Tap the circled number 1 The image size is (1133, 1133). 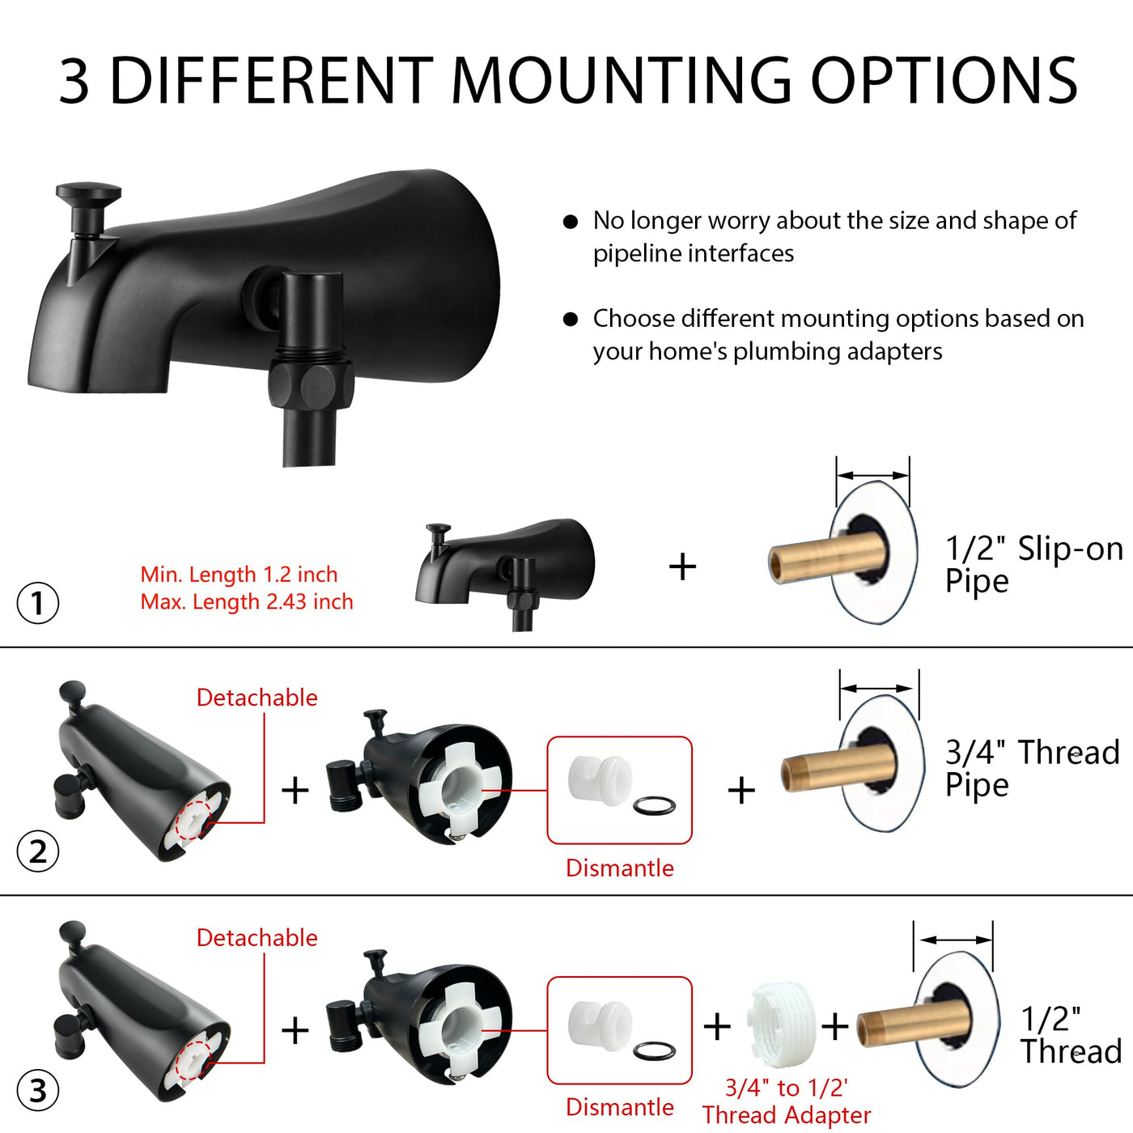tap(38, 603)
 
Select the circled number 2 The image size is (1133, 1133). tap(38, 851)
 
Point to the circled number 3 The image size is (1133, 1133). tap(38, 1091)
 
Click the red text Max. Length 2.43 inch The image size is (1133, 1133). tap(246, 601)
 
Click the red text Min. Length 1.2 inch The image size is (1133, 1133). tap(239, 574)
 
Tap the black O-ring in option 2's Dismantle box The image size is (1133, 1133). tap(654, 805)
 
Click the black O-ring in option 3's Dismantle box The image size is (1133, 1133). tap(654, 1050)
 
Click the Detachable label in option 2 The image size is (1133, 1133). tap(257, 698)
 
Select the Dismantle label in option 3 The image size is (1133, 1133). tap(620, 1106)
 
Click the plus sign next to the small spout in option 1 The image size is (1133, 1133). tap(682, 566)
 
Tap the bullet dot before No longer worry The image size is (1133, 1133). tap(570, 222)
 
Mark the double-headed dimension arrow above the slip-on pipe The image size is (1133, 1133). tap(872, 475)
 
